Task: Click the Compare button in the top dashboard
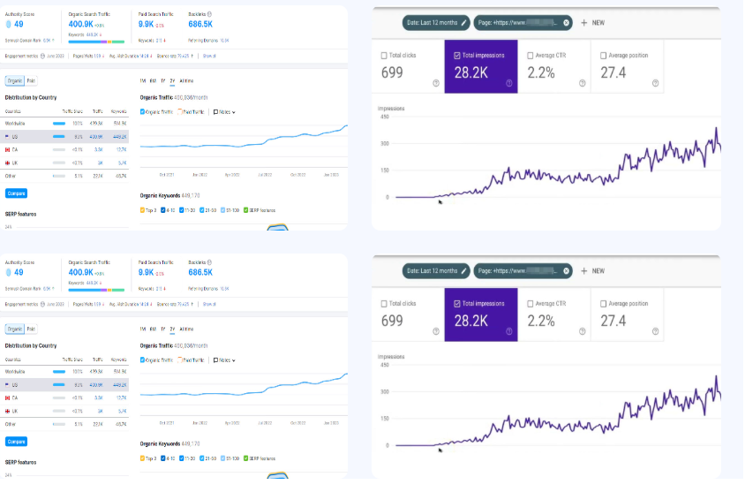16,193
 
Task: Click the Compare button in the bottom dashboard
16,441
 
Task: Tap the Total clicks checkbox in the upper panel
384,56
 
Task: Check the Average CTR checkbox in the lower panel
530,303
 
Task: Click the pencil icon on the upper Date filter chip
463,22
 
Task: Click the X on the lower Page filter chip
566,270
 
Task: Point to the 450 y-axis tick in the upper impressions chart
384,116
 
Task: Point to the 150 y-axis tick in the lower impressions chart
384,418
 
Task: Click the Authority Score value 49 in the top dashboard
19,26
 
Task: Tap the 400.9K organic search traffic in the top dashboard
86,26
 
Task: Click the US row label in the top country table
15,137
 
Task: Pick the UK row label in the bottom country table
15,411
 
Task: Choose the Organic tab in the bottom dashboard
14,329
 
